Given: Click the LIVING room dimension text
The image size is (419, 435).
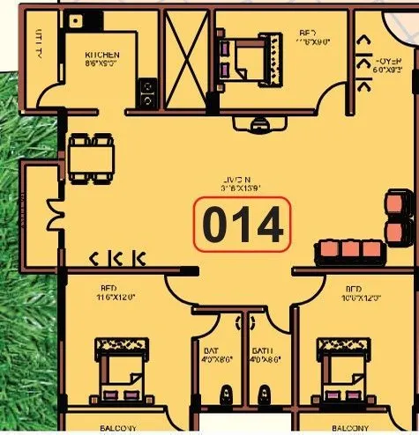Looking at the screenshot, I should [x=242, y=188].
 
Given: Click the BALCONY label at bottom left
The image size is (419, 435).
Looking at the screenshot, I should [x=116, y=428].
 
